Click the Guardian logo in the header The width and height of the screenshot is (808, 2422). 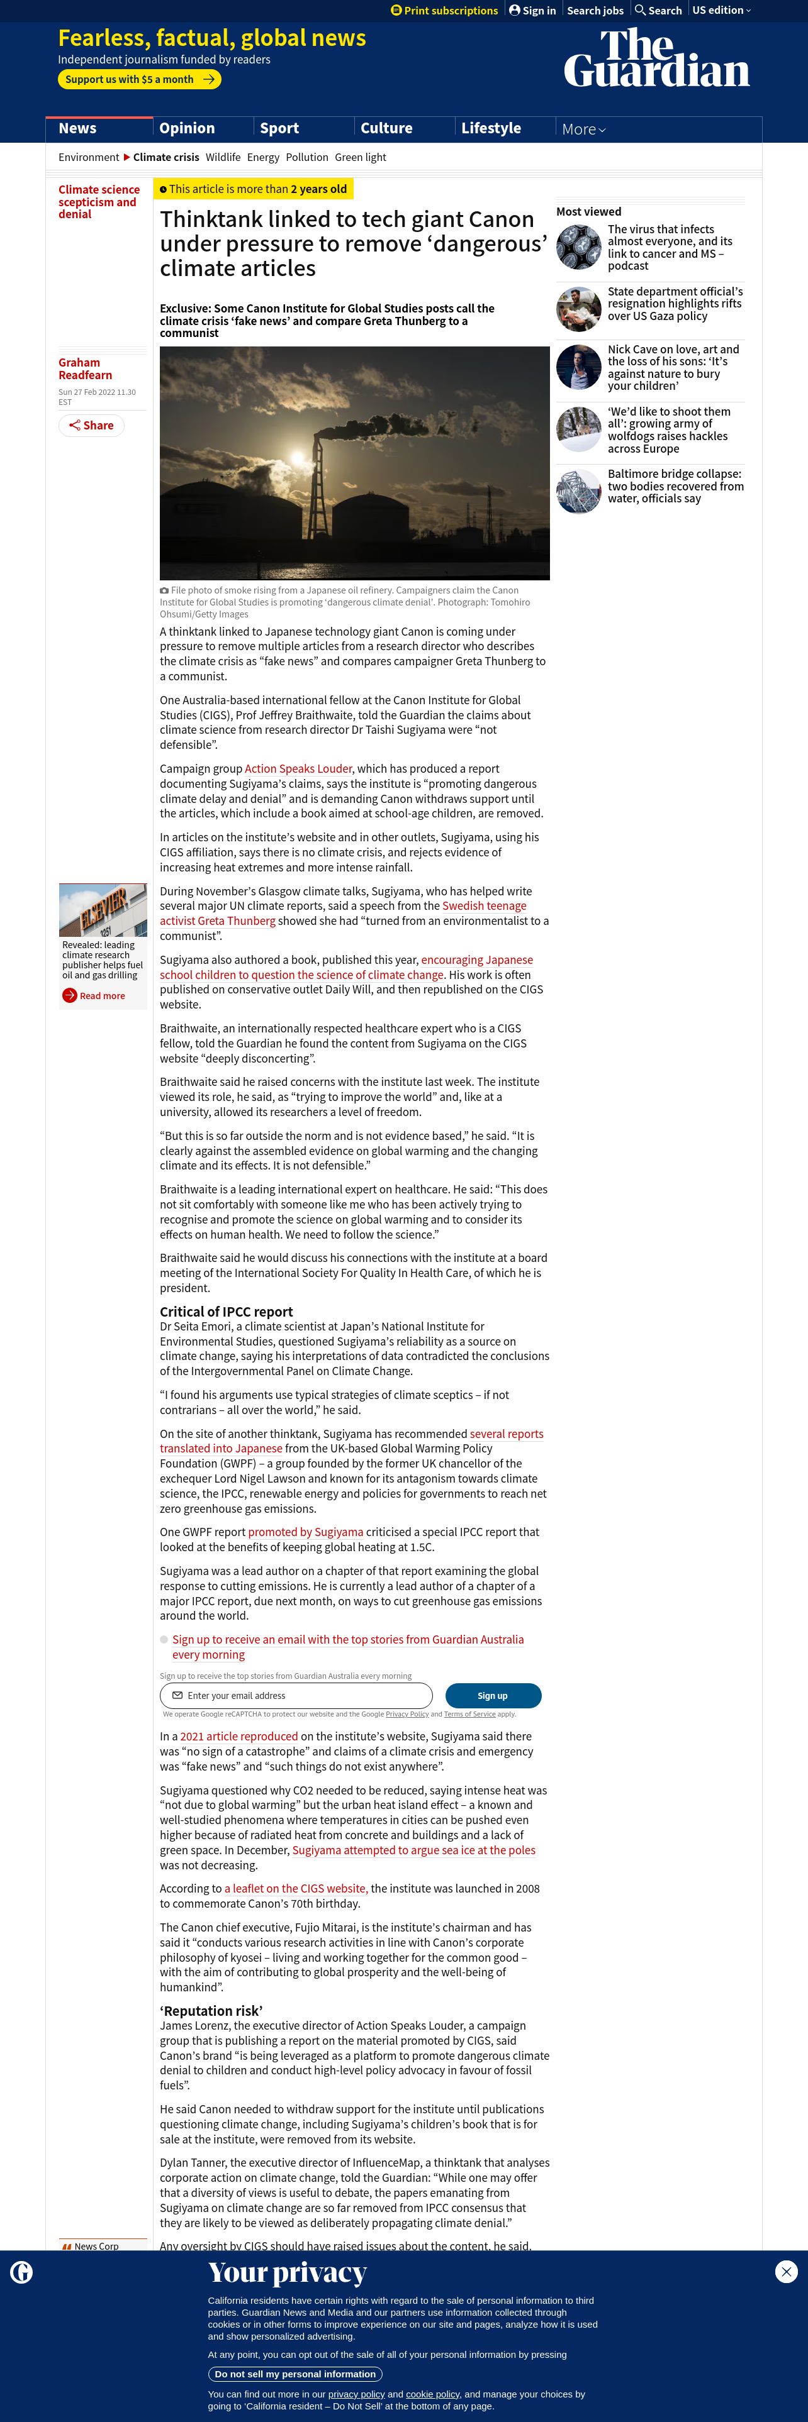(656, 58)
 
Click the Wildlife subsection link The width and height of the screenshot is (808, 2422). (223, 158)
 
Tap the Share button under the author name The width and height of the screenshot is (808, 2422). (91, 426)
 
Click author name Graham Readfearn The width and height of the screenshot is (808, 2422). (85, 368)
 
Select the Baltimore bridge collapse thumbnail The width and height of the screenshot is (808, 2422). (578, 491)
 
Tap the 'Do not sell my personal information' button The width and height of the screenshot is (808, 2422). (295, 2374)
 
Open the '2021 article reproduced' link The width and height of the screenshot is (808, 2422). (239, 1737)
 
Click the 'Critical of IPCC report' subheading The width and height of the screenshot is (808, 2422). (226, 1312)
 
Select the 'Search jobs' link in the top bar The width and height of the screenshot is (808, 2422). (595, 10)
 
